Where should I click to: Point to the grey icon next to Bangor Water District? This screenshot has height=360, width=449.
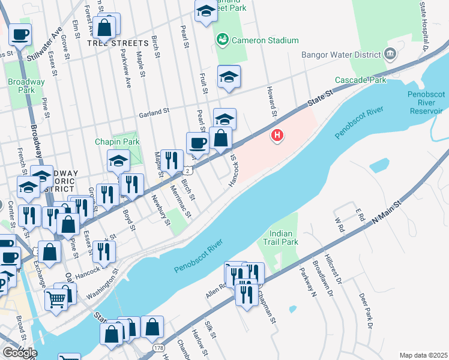390,55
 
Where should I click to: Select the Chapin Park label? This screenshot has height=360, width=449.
117,142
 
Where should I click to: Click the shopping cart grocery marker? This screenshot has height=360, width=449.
56,298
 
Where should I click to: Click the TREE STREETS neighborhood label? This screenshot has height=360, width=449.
117,43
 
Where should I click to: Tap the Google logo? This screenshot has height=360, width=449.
19,353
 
